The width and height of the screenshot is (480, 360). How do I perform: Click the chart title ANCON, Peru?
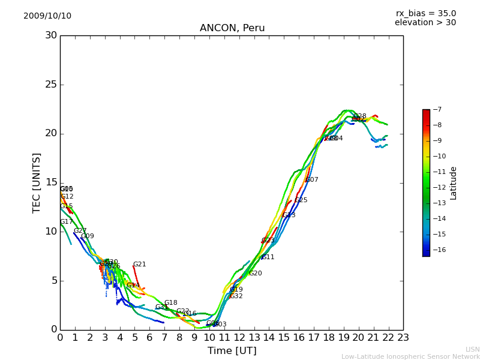point(232,28)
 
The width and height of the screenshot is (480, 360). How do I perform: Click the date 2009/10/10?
point(47,16)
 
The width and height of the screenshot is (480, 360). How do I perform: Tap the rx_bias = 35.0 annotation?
point(425,13)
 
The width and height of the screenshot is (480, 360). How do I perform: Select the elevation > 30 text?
point(425,23)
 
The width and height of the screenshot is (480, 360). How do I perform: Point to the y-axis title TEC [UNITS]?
point(37,182)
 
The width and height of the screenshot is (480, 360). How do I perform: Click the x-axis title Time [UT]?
point(232,350)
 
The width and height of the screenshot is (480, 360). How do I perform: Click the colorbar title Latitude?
point(454,182)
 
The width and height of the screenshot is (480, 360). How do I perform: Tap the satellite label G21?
point(140,265)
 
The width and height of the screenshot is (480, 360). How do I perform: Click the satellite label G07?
point(312,180)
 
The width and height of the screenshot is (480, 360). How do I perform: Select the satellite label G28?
point(360,116)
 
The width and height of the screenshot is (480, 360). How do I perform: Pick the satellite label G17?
point(67,222)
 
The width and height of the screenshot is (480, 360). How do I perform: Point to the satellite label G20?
point(256,274)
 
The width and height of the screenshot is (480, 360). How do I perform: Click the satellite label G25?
point(301,200)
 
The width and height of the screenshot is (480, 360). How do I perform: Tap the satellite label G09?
point(88,236)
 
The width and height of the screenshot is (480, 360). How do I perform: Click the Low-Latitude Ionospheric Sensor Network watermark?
point(410,356)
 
